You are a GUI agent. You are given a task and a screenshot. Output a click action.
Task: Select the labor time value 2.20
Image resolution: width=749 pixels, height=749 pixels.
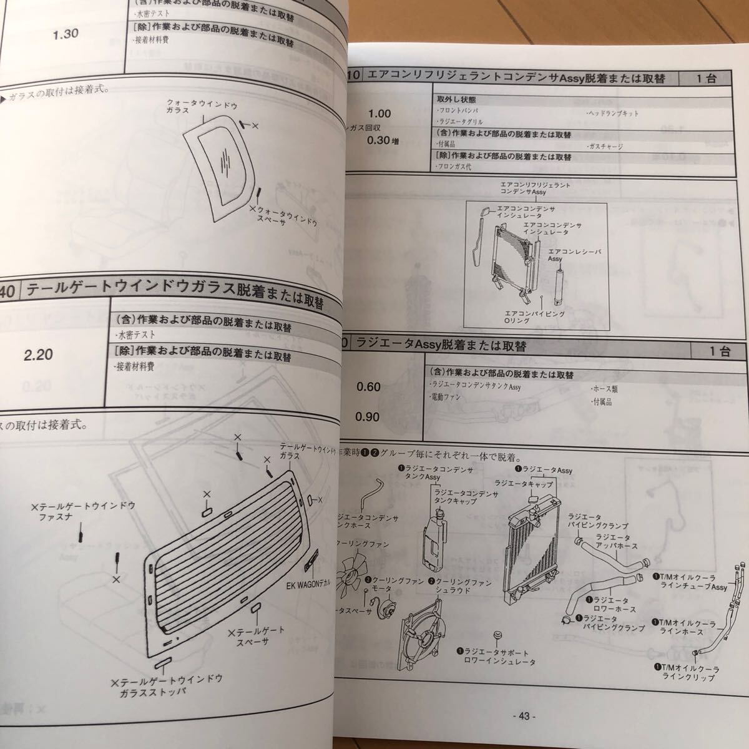tap(38, 355)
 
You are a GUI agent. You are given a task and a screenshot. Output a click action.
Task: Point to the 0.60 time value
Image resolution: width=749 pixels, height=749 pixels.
tap(368, 387)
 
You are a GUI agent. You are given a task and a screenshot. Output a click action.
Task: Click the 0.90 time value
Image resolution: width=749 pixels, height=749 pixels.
tap(368, 416)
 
